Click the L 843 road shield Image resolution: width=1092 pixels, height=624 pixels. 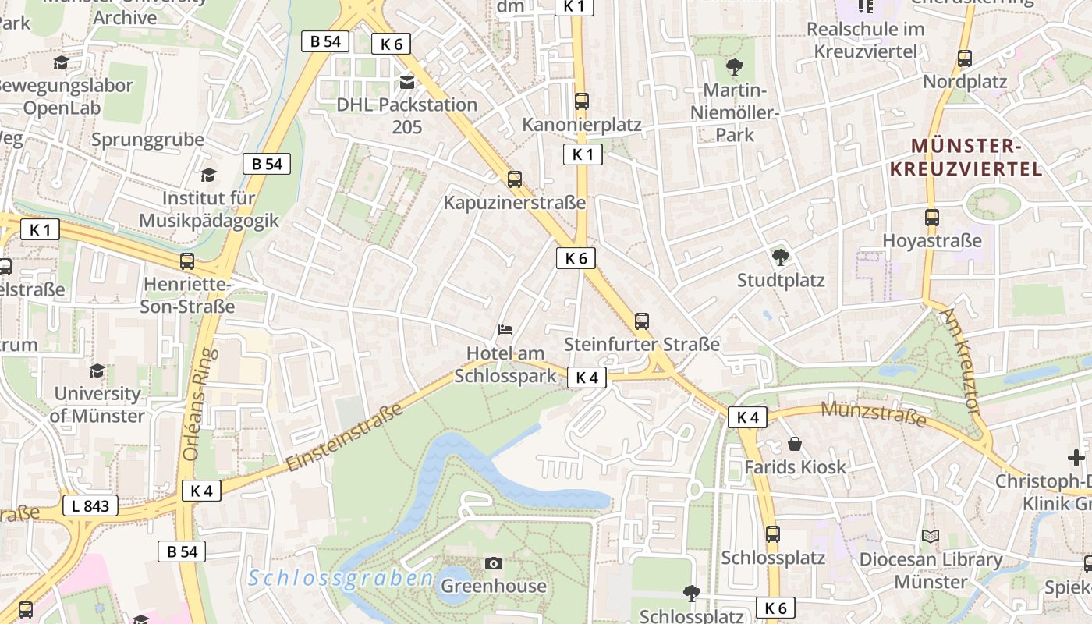(x=90, y=506)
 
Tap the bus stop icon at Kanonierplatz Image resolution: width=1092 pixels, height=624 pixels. (x=581, y=101)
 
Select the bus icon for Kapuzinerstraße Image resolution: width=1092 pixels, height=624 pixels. (x=514, y=179)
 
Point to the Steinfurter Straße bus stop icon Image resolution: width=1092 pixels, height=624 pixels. (x=641, y=321)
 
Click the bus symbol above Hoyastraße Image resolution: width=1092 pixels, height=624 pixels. (x=931, y=218)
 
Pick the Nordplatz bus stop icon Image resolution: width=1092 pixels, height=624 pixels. (x=964, y=58)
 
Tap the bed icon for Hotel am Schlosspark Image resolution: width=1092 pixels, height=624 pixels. (x=505, y=330)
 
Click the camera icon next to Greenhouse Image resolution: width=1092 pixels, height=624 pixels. (x=493, y=563)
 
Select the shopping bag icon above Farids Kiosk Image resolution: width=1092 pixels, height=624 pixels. (x=794, y=444)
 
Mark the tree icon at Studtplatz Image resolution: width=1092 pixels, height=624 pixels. (x=780, y=257)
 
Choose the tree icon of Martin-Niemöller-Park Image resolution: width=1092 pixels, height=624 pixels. (x=734, y=66)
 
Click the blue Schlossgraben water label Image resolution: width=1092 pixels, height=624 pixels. (x=341, y=578)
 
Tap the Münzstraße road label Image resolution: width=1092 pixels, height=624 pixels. (x=874, y=413)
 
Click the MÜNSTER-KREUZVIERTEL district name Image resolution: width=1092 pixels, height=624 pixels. (x=977, y=158)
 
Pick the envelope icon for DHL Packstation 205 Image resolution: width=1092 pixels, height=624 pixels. (x=406, y=82)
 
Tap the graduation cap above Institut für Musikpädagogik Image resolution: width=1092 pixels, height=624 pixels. (x=208, y=175)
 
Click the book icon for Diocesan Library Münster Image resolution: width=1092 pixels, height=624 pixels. (x=930, y=536)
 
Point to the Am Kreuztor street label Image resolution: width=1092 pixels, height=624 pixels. (x=961, y=360)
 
